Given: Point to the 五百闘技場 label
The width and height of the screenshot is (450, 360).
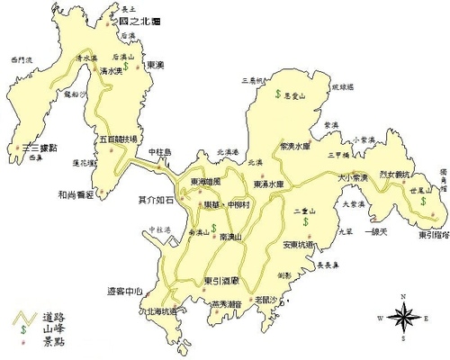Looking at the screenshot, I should click(x=118, y=140).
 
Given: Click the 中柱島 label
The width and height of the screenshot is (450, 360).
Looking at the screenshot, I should click(x=159, y=151).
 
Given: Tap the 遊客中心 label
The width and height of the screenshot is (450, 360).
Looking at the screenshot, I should click(x=124, y=291).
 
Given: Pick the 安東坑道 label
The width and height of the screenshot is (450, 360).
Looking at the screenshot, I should click(x=298, y=244).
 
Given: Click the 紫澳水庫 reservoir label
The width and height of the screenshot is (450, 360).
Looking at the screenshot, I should click(x=295, y=145).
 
